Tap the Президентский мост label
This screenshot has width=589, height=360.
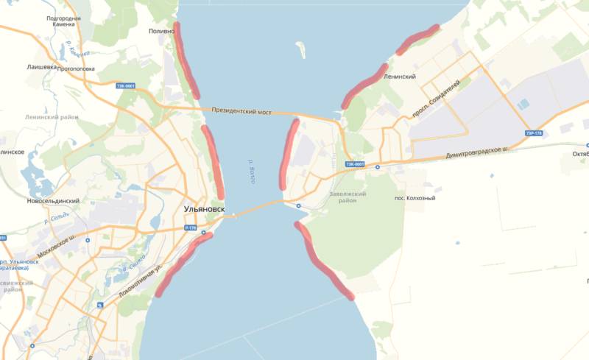pos(241,112)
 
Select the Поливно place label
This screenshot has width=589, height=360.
pos(161,32)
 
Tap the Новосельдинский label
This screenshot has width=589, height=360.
pos(52,201)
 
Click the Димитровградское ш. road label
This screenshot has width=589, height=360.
pos(478,152)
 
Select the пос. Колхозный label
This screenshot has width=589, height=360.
pos(415,197)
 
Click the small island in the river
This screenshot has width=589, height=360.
pos(300,50)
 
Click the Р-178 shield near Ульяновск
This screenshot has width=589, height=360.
pos(191,229)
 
